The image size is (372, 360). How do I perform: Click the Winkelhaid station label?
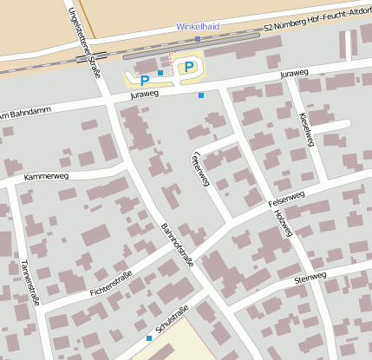197,27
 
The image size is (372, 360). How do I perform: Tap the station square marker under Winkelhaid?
198,38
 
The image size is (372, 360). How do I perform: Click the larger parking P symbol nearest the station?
188,67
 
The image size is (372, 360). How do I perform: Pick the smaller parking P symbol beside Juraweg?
145,80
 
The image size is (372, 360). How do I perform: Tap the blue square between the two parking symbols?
160,73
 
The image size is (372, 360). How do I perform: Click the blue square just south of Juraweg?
201,95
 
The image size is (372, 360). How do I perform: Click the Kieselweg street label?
304,128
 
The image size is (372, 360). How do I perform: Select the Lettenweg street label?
199,166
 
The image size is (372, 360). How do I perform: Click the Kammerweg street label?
46,176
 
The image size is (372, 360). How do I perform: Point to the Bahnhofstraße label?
177,257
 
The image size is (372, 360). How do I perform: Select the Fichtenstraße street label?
111,283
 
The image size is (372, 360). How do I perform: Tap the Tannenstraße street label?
31,284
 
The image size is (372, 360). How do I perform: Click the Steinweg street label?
310,278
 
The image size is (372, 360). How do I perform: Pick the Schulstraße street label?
172,323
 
